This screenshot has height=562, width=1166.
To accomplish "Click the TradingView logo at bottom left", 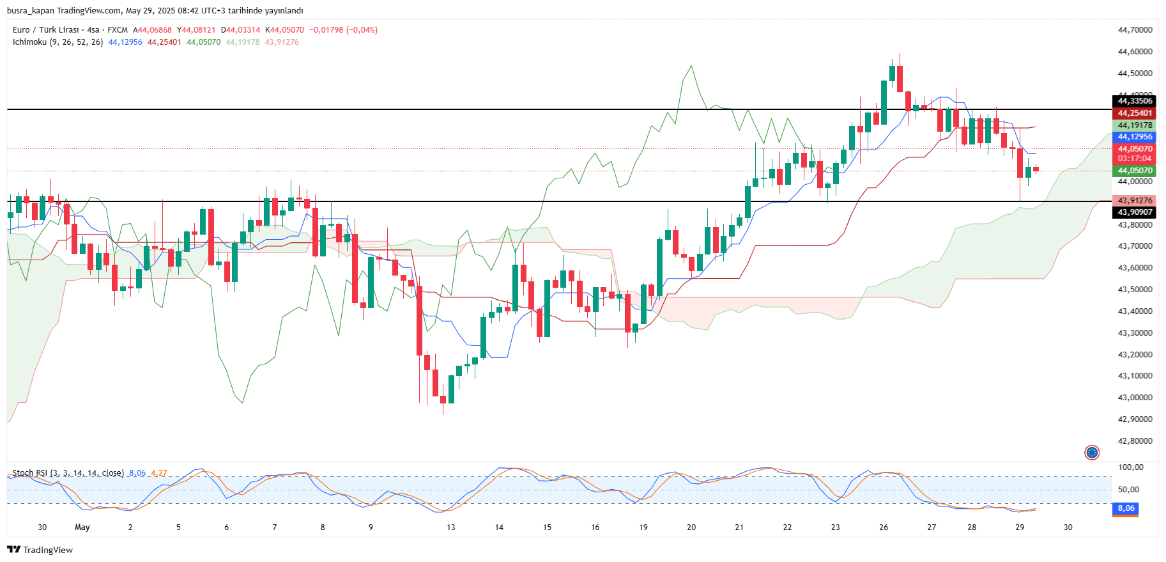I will coord(40,550).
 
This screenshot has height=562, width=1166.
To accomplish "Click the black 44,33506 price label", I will coord(1135,101).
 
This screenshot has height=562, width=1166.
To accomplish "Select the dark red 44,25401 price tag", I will coord(1135,113).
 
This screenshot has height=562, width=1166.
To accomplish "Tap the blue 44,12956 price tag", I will coord(1135,137).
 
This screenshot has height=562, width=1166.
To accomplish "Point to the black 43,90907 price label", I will coord(1135,212).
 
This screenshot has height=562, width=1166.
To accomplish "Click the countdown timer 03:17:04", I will coord(1135,159).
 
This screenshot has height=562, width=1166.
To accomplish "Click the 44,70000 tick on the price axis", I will coord(1135,30).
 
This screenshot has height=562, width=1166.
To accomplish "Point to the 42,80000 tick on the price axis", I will coord(1135,441).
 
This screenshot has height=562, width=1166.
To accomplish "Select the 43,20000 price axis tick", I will coord(1135,354).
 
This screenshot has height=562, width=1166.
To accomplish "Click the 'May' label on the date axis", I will coord(82,527).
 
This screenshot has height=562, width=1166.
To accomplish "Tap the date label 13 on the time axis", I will coord(451,527).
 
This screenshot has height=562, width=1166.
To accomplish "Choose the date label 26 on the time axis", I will coord(884,527).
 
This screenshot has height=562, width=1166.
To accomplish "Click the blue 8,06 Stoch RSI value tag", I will coord(1126,508).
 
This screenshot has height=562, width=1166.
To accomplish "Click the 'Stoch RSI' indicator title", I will coord(29,473).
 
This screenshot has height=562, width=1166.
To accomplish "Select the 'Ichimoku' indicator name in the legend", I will coord(29,42).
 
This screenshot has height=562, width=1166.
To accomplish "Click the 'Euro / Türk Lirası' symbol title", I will coord(45,30).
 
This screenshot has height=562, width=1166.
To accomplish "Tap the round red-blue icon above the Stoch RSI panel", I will coord(1092,453).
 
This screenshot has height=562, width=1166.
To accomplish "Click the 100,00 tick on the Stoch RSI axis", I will coord(1131,467).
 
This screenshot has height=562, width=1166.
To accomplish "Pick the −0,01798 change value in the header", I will coord(326,30).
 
